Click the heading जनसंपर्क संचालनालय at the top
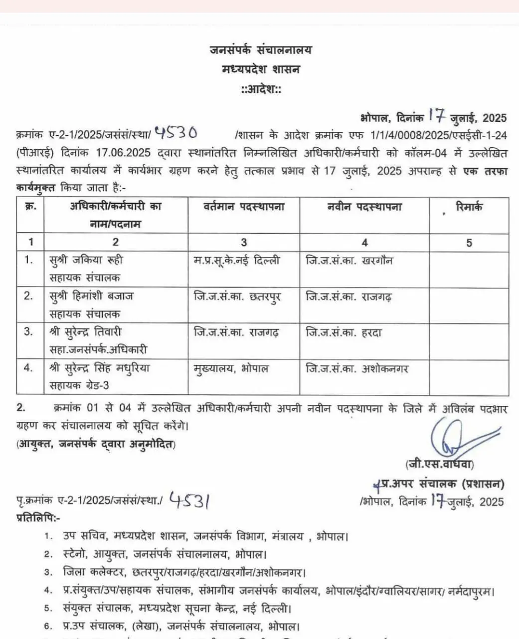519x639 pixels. click(260, 50)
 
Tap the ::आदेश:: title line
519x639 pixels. click(261, 90)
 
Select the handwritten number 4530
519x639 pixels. click(175, 133)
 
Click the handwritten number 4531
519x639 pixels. click(188, 500)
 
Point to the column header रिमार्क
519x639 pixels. click(469, 207)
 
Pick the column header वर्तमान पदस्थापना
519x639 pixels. click(244, 207)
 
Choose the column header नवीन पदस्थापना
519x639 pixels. click(364, 207)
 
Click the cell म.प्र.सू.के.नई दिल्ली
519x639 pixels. click(237, 260)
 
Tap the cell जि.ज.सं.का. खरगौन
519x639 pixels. click(349, 260)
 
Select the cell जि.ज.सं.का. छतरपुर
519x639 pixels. click(237, 297)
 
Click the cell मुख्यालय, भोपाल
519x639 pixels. click(231, 369)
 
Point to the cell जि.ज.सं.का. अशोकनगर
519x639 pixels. click(357, 369)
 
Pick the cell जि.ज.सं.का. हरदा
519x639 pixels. click(344, 332)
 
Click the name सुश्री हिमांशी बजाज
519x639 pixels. click(91, 296)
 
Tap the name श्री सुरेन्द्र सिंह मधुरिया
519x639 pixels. click(100, 368)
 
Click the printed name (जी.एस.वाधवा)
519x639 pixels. click(439, 464)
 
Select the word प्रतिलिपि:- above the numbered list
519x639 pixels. click(38, 518)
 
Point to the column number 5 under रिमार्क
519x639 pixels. click(469, 243)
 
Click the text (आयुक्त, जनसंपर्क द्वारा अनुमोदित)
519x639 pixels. click(96, 443)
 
